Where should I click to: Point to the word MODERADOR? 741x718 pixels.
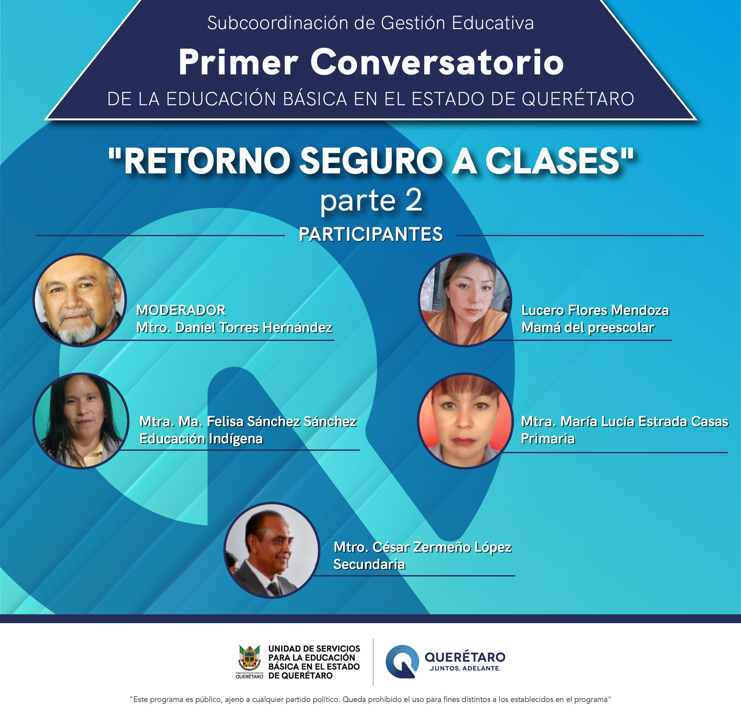pos(181,310)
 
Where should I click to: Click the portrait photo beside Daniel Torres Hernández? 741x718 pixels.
pos(80,300)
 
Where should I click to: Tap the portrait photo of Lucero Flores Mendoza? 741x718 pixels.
pos(465,300)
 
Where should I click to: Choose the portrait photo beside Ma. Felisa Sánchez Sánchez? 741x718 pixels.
pos(81,421)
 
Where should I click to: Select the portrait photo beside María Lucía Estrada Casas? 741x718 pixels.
pos(465,421)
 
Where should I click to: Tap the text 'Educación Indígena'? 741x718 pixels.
pos(201,439)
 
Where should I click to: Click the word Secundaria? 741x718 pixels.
pos(369,564)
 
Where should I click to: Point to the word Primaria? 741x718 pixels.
pos(548,439)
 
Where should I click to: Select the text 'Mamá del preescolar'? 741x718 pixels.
pos(588,328)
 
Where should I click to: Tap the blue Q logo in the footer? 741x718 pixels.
pos(402,662)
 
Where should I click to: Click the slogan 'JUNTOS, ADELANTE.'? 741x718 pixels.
pos(465,668)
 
